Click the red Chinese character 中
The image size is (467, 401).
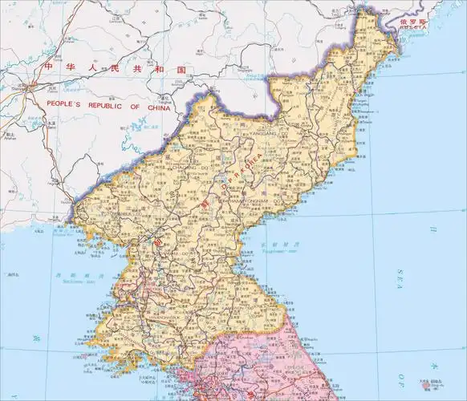click(48, 68)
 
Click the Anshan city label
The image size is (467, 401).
click(11, 137)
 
